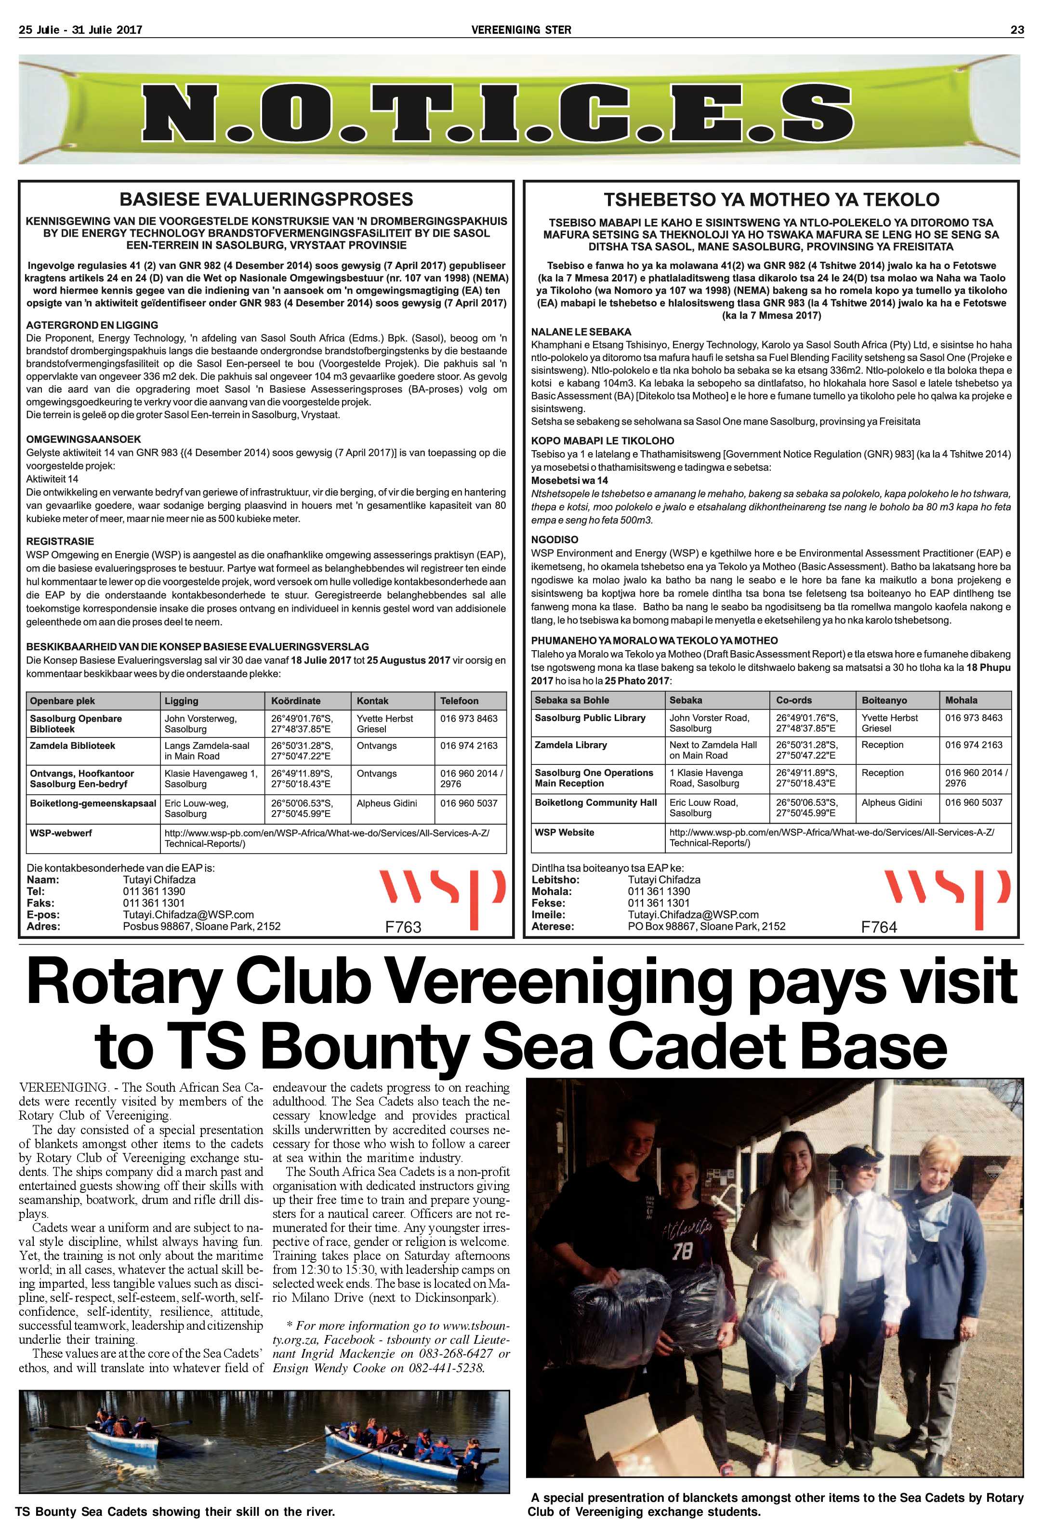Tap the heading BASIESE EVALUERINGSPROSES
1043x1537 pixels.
point(266,199)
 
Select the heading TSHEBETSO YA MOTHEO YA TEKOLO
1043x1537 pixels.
point(771,199)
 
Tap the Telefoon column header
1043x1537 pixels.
point(460,700)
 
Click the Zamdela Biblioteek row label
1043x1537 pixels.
point(72,745)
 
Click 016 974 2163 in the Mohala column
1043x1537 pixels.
point(974,745)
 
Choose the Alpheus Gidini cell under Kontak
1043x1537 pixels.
point(387,803)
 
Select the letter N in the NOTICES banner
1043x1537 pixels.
point(180,111)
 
